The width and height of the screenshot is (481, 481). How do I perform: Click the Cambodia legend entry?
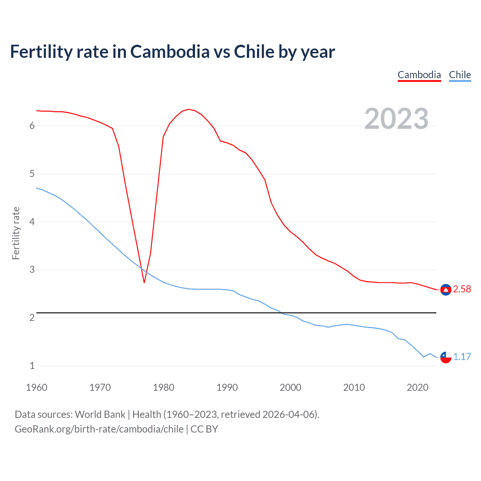click(x=419, y=75)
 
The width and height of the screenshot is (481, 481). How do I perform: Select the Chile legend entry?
click(x=460, y=75)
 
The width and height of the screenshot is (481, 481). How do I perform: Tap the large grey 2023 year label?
click(x=396, y=119)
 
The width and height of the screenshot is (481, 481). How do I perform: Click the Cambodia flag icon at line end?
click(x=446, y=290)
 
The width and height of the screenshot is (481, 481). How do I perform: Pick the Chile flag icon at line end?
click(x=446, y=357)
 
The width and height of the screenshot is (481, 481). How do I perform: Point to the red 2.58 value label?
click(x=462, y=289)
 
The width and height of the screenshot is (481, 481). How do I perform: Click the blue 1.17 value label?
click(x=462, y=357)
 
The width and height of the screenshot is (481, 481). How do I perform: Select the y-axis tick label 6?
click(x=32, y=126)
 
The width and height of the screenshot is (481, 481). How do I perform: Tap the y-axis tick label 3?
click(x=32, y=270)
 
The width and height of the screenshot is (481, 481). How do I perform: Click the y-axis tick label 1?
click(x=32, y=366)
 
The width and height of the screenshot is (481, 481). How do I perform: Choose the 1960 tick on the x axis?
click(x=36, y=387)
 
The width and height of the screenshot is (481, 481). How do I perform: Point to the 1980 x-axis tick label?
click(x=163, y=387)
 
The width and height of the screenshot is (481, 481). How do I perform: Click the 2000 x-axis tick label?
click(x=290, y=387)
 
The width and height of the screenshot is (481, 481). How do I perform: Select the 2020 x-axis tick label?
click(x=417, y=387)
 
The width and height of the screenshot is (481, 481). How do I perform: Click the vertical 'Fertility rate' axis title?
click(x=16, y=233)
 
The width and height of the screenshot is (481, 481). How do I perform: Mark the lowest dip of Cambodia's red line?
click(x=144, y=282)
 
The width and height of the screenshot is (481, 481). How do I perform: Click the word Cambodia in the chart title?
click(x=170, y=52)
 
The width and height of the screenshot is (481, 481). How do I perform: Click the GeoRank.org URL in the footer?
click(x=99, y=429)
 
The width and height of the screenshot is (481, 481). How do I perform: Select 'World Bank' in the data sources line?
click(x=100, y=414)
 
